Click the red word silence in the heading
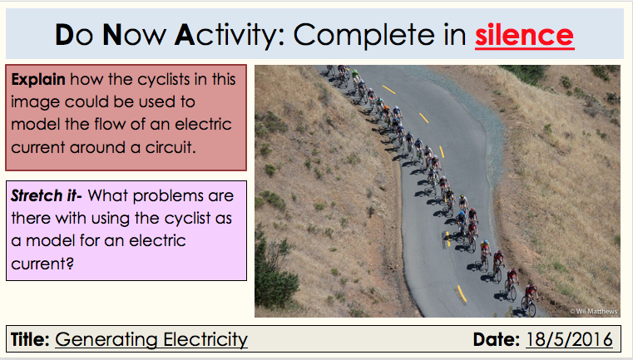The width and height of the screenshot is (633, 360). (x=524, y=35)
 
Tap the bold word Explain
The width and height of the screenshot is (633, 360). (x=38, y=80)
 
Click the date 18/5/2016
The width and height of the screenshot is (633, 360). (x=569, y=339)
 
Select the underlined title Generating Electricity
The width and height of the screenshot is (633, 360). (x=151, y=339)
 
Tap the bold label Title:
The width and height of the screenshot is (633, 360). (x=30, y=339)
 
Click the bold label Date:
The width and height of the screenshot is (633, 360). (x=497, y=339)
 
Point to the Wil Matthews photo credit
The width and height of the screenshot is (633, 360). (x=593, y=311)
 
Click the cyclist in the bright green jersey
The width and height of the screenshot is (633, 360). (x=355, y=77)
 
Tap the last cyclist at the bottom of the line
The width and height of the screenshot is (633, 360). (x=529, y=298)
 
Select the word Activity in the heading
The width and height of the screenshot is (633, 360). (x=227, y=35)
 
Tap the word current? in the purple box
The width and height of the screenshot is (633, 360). (x=42, y=264)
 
